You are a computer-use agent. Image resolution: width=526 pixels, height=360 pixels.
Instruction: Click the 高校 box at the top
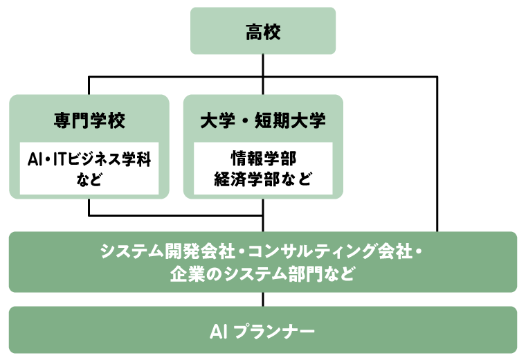pyautogui.click(x=263, y=31)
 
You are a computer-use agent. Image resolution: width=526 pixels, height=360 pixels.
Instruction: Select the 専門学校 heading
pyautogui.click(x=89, y=120)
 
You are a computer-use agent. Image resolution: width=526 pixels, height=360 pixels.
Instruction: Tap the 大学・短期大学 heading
pyautogui.click(x=263, y=120)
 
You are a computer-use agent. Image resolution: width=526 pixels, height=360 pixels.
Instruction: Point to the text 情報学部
pyautogui.click(x=263, y=158)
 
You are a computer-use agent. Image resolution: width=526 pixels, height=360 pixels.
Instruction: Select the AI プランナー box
pyautogui.click(x=263, y=330)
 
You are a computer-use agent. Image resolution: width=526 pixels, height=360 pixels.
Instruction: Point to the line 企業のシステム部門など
pyautogui.click(x=263, y=273)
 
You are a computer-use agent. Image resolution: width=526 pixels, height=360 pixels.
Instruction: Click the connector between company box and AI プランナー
pyautogui.click(x=263, y=299)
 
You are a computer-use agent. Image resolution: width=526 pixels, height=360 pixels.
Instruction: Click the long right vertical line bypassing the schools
pyautogui.click(x=437, y=152)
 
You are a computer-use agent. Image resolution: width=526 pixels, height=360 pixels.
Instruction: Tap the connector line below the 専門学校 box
pyautogui.click(x=89, y=207)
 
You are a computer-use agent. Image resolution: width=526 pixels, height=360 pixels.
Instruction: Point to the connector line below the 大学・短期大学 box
pyautogui.click(x=263, y=208)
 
